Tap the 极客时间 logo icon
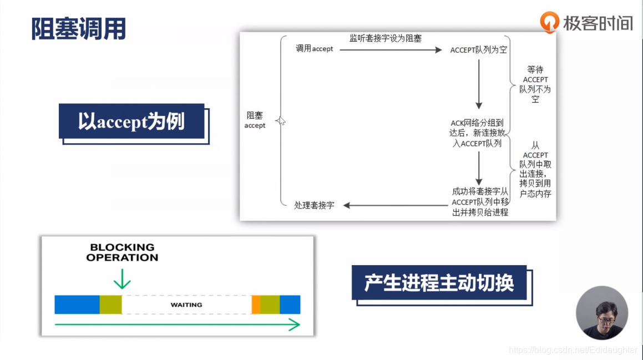point(549,22)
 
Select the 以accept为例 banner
point(131,121)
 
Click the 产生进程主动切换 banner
point(439,283)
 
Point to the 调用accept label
point(314,49)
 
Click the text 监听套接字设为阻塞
point(386,38)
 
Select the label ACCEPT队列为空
point(478,50)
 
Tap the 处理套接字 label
point(314,205)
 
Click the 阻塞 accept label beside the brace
point(255,120)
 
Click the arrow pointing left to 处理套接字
point(394,205)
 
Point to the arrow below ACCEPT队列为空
point(479,83)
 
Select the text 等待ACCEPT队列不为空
point(535,84)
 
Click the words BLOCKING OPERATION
point(122,252)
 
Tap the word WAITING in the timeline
point(186,305)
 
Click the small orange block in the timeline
point(256,305)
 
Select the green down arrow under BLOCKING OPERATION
point(122,277)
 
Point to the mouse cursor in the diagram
point(281,120)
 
